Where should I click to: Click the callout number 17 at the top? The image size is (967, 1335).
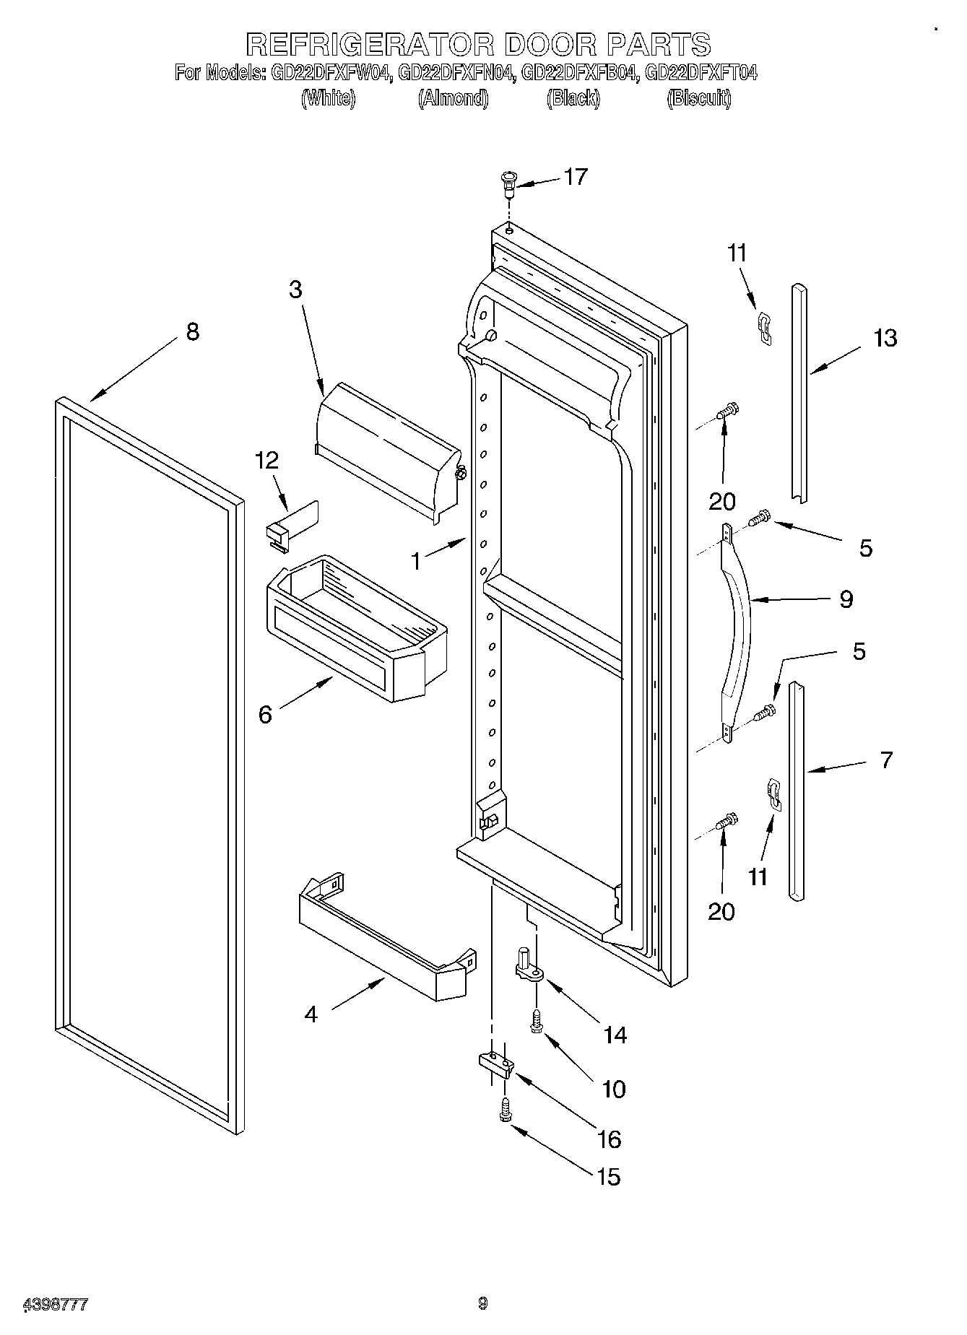click(576, 177)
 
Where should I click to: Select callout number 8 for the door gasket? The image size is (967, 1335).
click(192, 332)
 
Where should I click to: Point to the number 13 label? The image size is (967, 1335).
click(885, 338)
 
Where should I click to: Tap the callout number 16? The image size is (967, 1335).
click(610, 1139)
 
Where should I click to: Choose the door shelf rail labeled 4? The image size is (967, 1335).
click(386, 939)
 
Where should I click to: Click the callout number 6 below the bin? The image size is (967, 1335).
click(265, 715)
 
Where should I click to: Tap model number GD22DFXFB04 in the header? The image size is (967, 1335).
click(579, 73)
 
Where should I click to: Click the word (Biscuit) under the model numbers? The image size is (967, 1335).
click(699, 98)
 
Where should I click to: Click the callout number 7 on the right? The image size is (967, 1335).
click(886, 760)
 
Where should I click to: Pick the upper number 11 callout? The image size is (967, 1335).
click(737, 253)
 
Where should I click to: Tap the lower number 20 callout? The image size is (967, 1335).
click(721, 911)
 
